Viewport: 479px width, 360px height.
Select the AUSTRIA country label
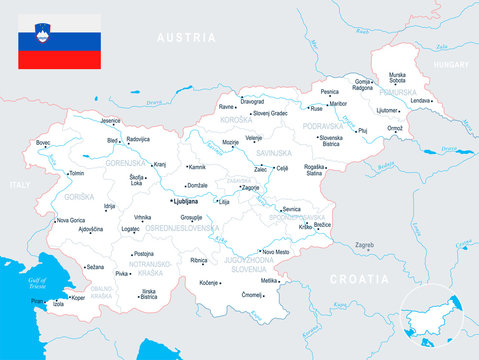coord(186,37)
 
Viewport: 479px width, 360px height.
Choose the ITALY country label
coord(20,185)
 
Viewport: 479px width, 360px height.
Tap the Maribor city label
coord(338,103)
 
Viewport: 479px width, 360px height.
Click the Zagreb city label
coord(364,244)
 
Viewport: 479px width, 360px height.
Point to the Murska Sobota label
coord(397,77)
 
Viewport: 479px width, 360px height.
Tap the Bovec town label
coord(43,143)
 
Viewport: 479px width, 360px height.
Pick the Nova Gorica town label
coord(70,220)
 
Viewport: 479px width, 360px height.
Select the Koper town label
coord(77,297)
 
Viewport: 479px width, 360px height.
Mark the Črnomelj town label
coord(251,295)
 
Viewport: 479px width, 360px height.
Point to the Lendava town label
coord(420,100)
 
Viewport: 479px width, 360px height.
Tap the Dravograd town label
coord(252,101)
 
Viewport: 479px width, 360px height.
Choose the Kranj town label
coord(159,164)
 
